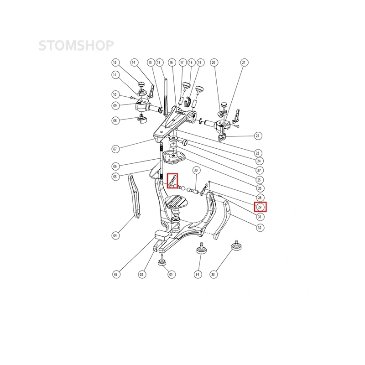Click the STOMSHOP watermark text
(x=76, y=45)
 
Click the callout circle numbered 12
(x=115, y=63)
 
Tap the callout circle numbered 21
(x=244, y=63)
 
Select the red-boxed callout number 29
(x=260, y=207)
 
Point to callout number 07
(x=115, y=149)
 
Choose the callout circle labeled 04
(x=115, y=235)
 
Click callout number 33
(x=213, y=274)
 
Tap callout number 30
(x=196, y=170)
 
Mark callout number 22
(x=257, y=136)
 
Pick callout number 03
(x=116, y=274)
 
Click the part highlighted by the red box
(x=172, y=181)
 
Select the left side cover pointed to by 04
(x=135, y=197)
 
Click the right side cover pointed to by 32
(x=222, y=220)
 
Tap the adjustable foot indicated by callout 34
(x=201, y=249)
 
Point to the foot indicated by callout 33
(x=236, y=245)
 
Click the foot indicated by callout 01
(x=162, y=261)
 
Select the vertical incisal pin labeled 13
(x=166, y=97)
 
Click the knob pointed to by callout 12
(x=141, y=84)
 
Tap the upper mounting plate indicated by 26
(x=174, y=156)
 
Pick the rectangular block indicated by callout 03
(x=162, y=235)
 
